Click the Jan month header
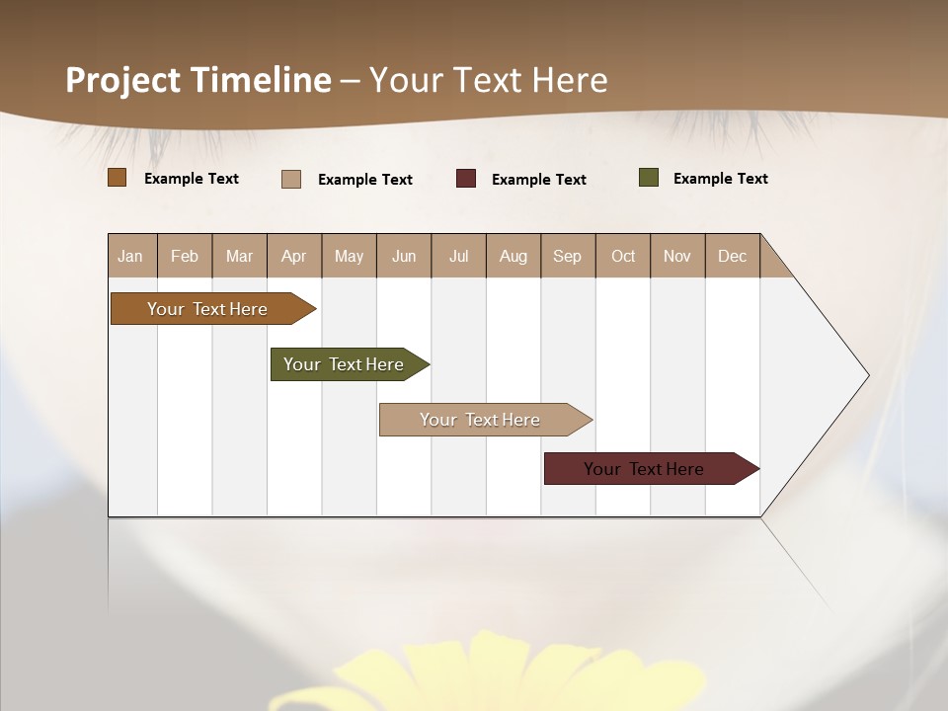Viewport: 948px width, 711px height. tap(131, 256)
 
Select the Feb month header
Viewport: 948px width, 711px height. tap(185, 256)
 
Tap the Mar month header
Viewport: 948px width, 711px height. tap(239, 256)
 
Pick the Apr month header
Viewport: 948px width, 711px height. tap(294, 256)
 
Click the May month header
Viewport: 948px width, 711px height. tap(349, 256)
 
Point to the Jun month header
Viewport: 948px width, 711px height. tap(404, 256)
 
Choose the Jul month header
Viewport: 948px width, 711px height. tap(458, 256)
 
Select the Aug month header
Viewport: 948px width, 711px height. tap(513, 256)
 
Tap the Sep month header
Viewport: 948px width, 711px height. tap(568, 256)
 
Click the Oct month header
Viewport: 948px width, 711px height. tap(623, 256)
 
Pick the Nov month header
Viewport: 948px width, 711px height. tap(677, 256)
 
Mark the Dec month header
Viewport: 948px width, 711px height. tap(733, 256)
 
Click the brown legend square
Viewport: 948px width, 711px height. tap(118, 178)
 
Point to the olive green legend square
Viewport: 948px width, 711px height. tap(649, 178)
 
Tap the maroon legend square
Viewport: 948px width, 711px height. tap(466, 179)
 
